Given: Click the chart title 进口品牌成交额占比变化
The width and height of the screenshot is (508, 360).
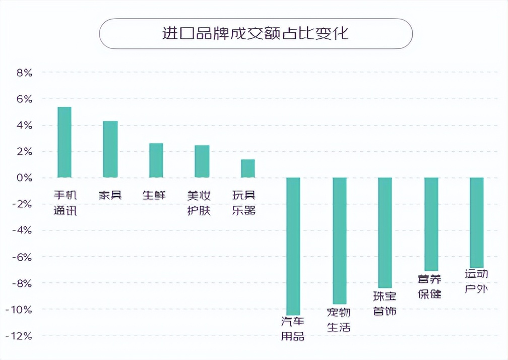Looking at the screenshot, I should point(256,33).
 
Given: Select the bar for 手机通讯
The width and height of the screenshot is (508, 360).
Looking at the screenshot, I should point(65,142).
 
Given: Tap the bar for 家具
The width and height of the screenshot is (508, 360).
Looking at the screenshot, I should point(110,149).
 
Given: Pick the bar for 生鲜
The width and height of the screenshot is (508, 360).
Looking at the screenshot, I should point(156,160).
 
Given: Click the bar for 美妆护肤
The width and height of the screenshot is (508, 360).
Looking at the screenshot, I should point(202,161).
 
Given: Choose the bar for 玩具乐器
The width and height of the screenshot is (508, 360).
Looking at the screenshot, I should point(248,168).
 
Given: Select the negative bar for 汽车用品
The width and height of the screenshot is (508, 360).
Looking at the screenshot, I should point(293,246).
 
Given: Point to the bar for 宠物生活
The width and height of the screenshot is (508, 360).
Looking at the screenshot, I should point(340,241).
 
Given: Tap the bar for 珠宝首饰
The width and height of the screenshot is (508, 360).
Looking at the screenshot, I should point(385,232).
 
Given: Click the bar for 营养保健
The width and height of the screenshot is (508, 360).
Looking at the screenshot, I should point(431,224).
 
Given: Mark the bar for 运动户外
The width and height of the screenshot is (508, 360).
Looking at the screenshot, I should point(477,222).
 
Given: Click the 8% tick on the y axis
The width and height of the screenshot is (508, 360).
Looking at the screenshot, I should point(24,73).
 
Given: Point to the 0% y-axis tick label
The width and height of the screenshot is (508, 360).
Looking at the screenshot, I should point(24,178).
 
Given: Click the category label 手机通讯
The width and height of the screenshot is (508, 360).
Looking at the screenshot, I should point(66,203).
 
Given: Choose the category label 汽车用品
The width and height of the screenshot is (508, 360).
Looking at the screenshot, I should point(293,328).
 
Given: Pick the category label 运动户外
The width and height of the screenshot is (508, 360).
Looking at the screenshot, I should point(476,281).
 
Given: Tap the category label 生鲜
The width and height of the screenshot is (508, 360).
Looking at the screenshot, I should point(154,195).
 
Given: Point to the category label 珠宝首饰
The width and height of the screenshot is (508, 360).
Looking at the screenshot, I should point(385,304).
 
